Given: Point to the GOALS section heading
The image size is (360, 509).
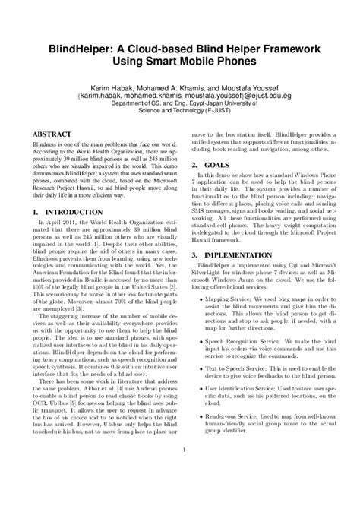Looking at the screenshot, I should pyautogui.click(x=219, y=186).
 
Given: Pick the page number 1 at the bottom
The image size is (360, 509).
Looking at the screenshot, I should pyautogui.click(x=180, y=472).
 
